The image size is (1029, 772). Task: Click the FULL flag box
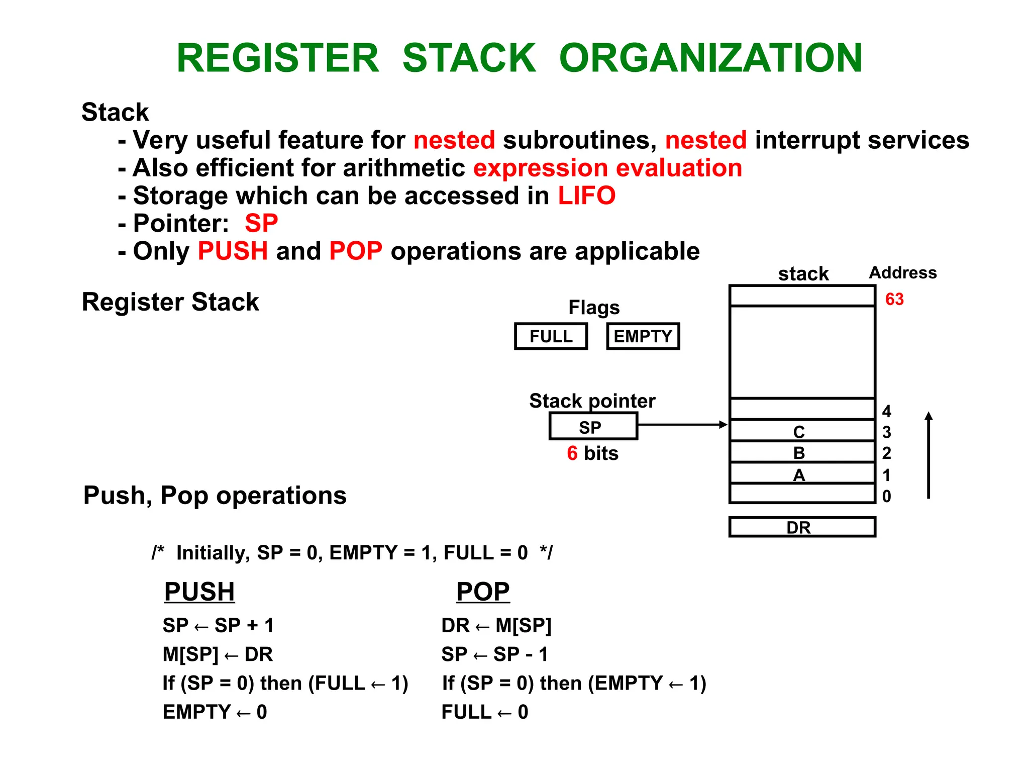point(551,336)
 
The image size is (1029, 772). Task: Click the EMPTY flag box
point(643,336)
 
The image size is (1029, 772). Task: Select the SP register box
point(593,427)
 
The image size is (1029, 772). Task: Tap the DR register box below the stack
point(802,527)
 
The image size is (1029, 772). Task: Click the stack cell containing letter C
point(802,431)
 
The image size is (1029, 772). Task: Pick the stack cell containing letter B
point(802,452)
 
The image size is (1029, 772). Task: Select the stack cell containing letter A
point(802,474)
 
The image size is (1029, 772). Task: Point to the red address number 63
point(894,300)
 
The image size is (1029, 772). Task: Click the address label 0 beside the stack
point(887,497)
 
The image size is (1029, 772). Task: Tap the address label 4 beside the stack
point(887,412)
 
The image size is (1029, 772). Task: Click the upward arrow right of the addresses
point(929,455)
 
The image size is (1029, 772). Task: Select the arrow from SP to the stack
point(682,425)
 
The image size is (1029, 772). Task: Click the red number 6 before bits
point(572,453)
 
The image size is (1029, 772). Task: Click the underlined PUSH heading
point(199,592)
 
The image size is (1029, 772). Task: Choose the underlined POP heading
point(483,592)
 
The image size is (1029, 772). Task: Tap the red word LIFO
point(587,196)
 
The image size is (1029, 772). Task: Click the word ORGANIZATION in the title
point(710,58)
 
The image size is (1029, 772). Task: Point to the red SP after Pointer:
point(261,223)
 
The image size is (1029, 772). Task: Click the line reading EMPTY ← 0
point(215,712)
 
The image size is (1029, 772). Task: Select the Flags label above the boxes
point(594,308)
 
